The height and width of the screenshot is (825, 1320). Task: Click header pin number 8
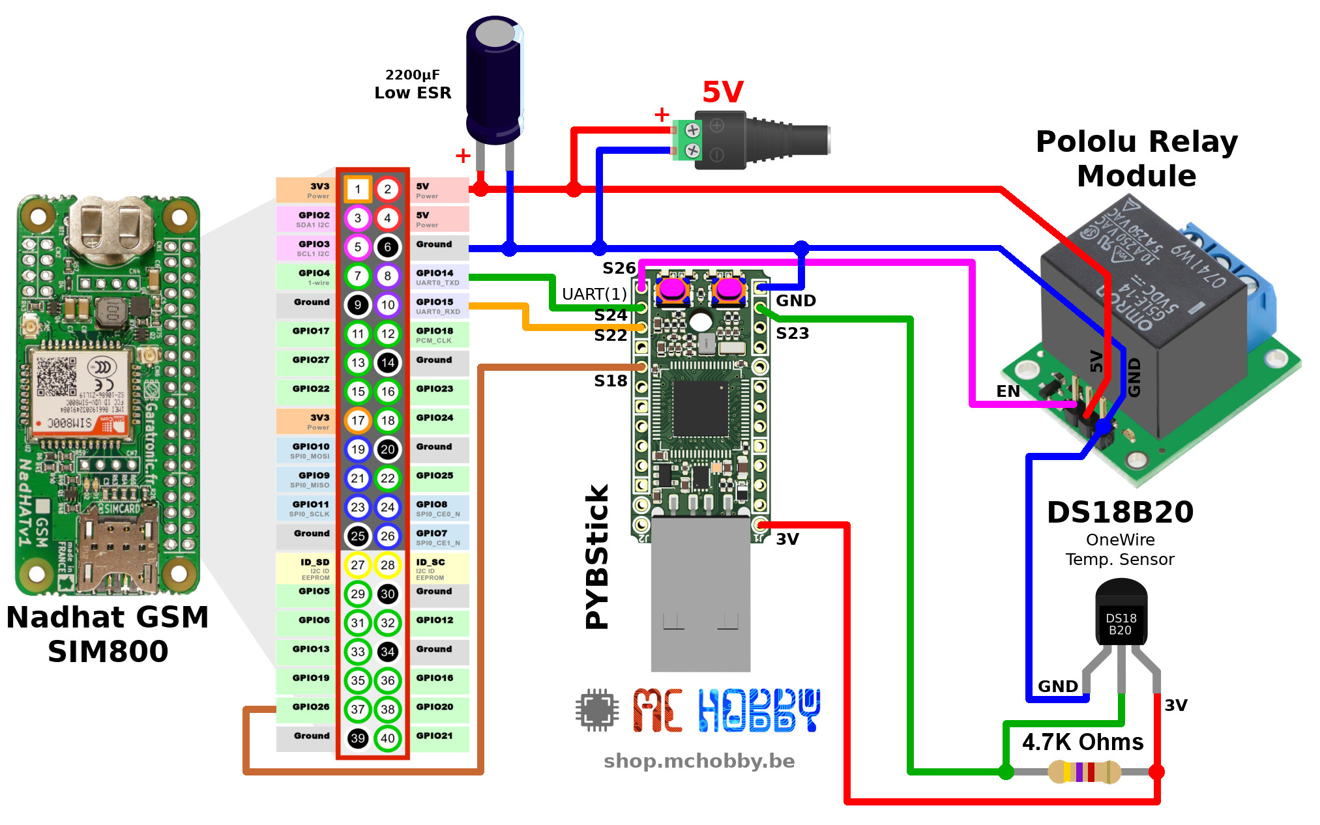point(388,276)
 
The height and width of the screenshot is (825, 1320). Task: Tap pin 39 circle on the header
point(357,738)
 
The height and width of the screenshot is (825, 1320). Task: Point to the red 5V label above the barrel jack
point(722,92)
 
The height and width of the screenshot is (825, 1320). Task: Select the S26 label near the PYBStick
point(619,268)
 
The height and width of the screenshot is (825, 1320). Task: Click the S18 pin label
point(610,381)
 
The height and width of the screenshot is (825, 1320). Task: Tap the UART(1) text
point(594,294)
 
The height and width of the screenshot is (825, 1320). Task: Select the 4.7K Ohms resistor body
point(1084,772)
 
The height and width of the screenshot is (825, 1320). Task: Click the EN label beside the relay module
point(1008,391)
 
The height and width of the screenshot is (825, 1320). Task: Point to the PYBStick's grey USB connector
point(701,593)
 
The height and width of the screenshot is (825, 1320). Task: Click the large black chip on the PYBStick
point(701,409)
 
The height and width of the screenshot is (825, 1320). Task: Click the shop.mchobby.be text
point(699,761)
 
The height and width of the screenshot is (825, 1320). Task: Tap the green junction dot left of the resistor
point(1006,772)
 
